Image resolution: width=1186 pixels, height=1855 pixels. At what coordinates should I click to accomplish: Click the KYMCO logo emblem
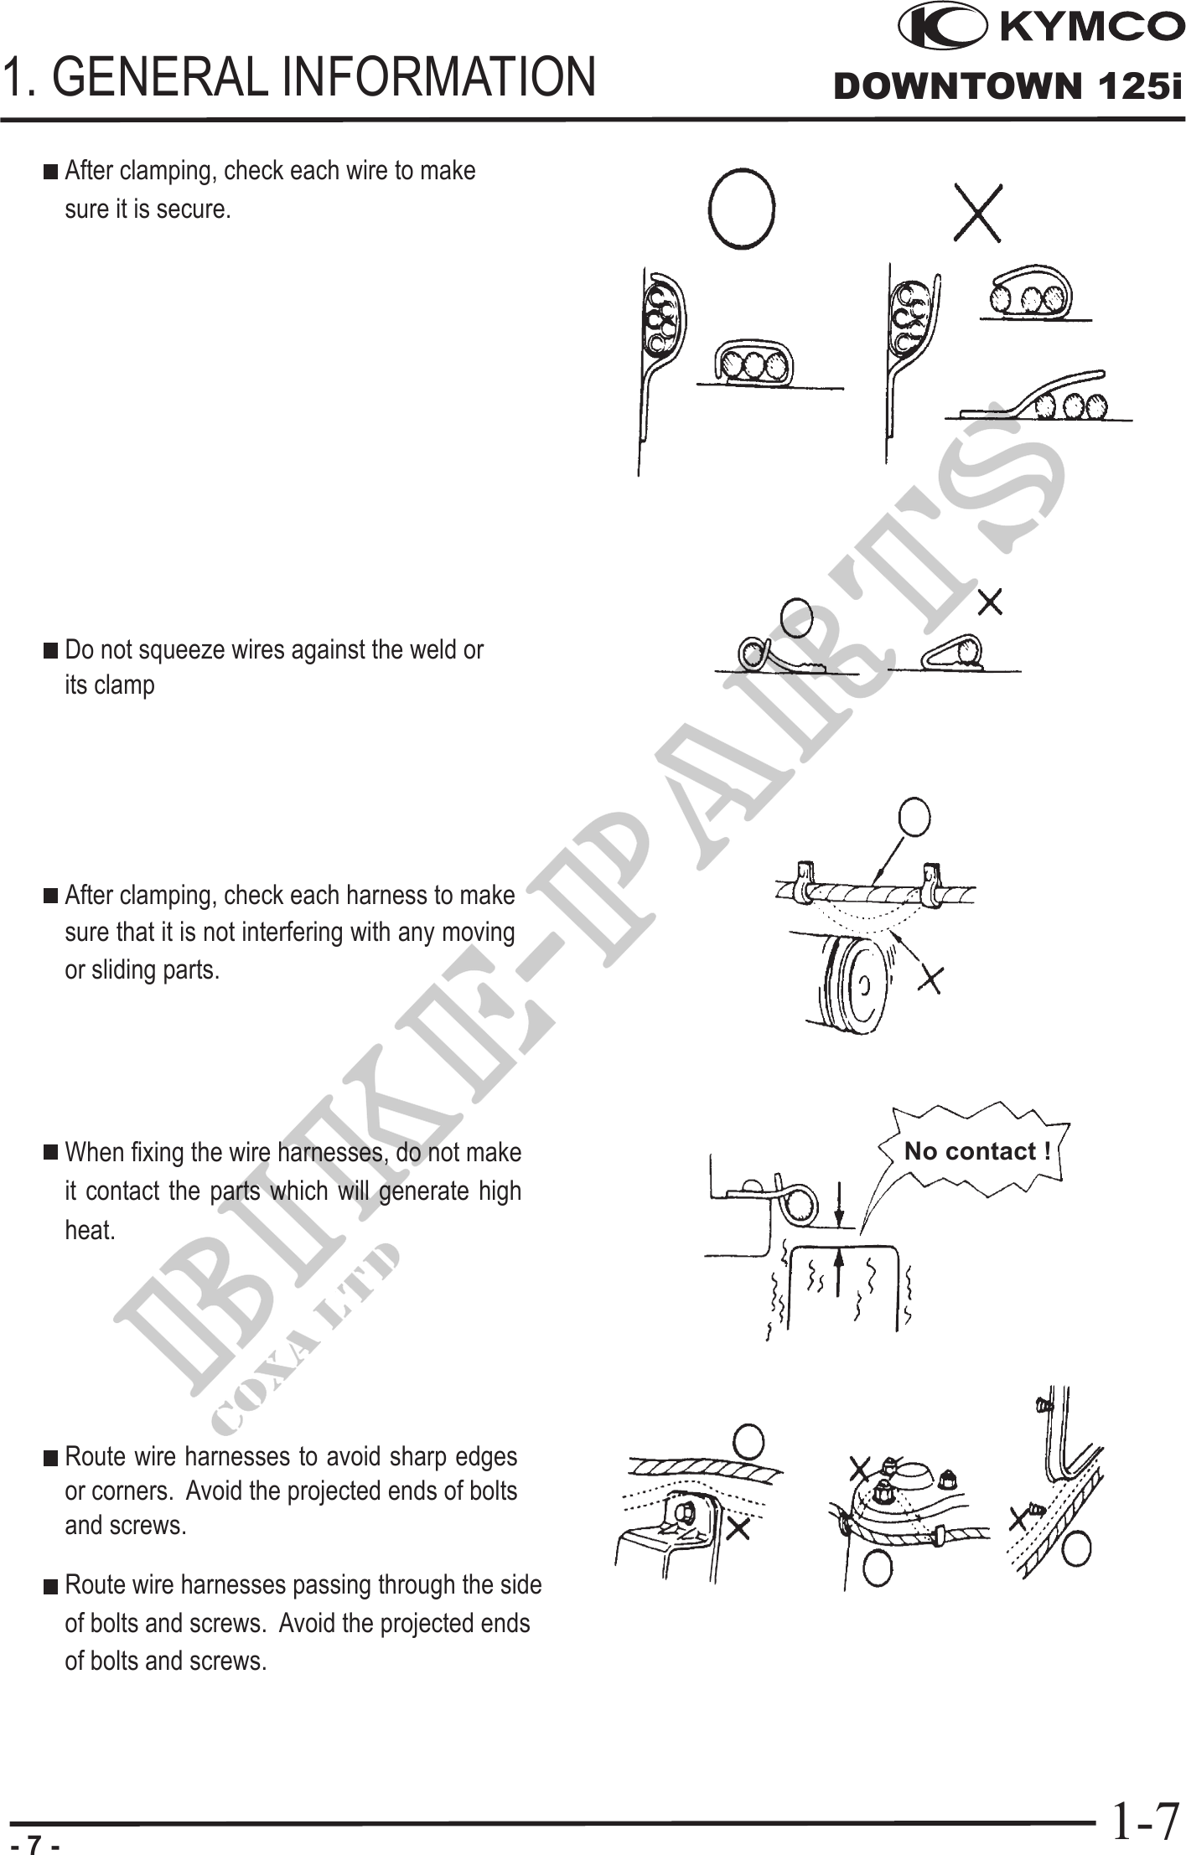[x=941, y=28]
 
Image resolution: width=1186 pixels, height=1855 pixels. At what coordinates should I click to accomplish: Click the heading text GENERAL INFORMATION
[x=329, y=76]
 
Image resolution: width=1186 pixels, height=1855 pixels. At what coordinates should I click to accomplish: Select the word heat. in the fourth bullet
[x=90, y=1231]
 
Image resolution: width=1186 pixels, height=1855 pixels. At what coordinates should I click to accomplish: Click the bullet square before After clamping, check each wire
[x=51, y=172]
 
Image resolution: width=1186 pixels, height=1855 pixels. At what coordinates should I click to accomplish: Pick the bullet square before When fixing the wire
[x=51, y=1153]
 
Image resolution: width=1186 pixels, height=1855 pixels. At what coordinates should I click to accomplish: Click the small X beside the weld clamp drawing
[x=990, y=602]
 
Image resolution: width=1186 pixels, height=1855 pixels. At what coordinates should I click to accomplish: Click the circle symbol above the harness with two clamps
[x=914, y=817]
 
